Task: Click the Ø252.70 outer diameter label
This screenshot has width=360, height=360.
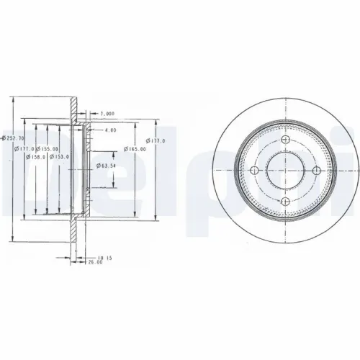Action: [x=14, y=138]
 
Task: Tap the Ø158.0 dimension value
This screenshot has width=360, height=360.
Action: [x=36, y=156]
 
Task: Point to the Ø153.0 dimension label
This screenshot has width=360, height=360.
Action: [x=58, y=156]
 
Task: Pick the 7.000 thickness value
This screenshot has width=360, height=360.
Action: [x=107, y=113]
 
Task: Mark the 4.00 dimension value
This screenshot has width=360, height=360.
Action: [x=109, y=130]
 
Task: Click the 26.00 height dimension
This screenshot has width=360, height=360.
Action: [x=95, y=263]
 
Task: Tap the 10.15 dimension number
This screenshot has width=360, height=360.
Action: [x=106, y=257]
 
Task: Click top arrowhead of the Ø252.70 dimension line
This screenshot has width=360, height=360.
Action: [x=14, y=99]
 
